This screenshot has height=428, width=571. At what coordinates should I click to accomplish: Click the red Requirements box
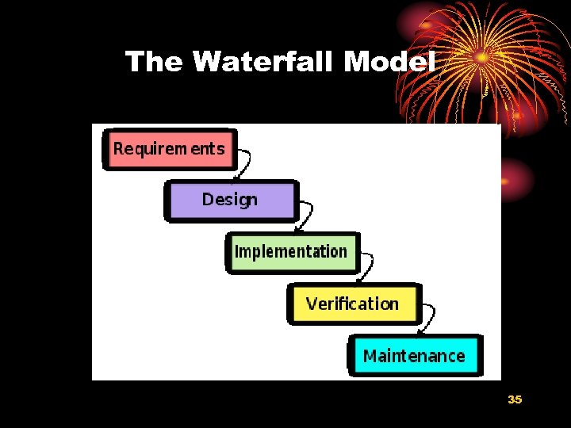[170, 149]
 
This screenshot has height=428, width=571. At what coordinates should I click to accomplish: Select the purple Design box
[230, 200]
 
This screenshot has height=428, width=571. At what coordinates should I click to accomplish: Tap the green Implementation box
[292, 252]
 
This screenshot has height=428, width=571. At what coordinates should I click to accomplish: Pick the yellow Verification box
[352, 304]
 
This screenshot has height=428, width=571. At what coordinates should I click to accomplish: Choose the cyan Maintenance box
[414, 355]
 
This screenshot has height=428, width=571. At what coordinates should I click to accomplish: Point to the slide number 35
[515, 399]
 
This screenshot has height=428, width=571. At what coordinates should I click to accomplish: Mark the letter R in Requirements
[119, 149]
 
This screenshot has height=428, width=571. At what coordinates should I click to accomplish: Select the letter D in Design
[208, 200]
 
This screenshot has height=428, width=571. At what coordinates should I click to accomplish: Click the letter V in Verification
[312, 304]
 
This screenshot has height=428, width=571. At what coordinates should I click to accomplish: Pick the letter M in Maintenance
[370, 355]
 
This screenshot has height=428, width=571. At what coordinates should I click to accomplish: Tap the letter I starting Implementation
[236, 252]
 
